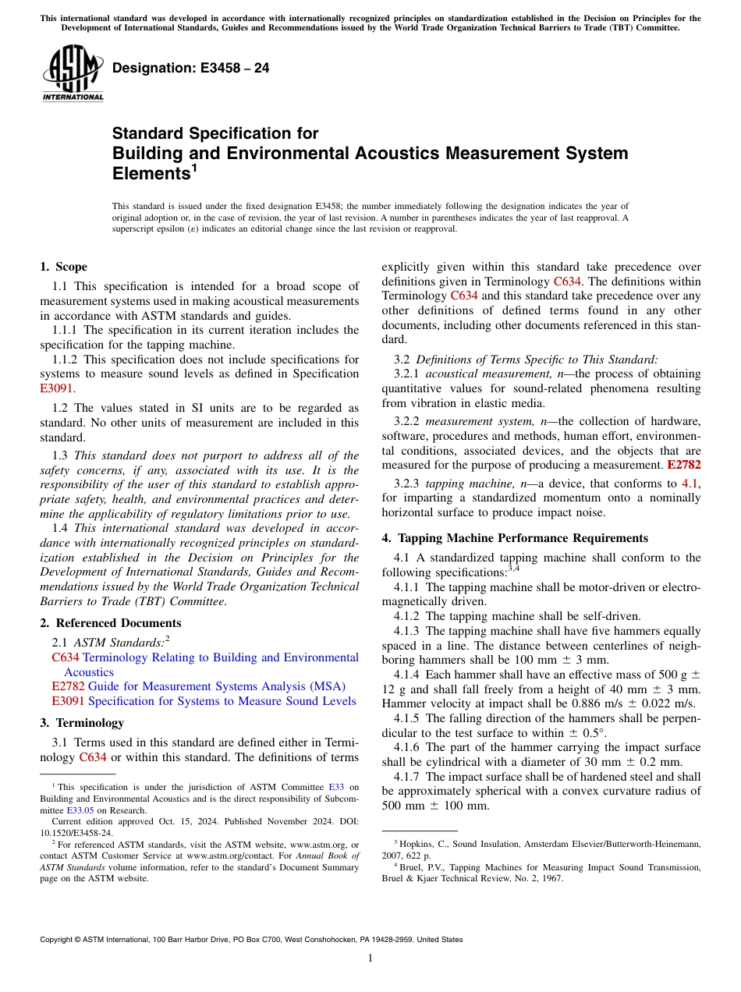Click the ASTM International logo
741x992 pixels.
(73, 73)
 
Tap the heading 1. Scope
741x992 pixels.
(64, 267)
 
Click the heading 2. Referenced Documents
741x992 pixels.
(111, 623)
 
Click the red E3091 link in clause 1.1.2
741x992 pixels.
(55, 388)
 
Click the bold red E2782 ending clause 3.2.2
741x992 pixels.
(684, 465)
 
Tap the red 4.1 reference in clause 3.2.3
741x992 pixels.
(690, 484)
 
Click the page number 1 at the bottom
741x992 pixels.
(370, 958)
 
